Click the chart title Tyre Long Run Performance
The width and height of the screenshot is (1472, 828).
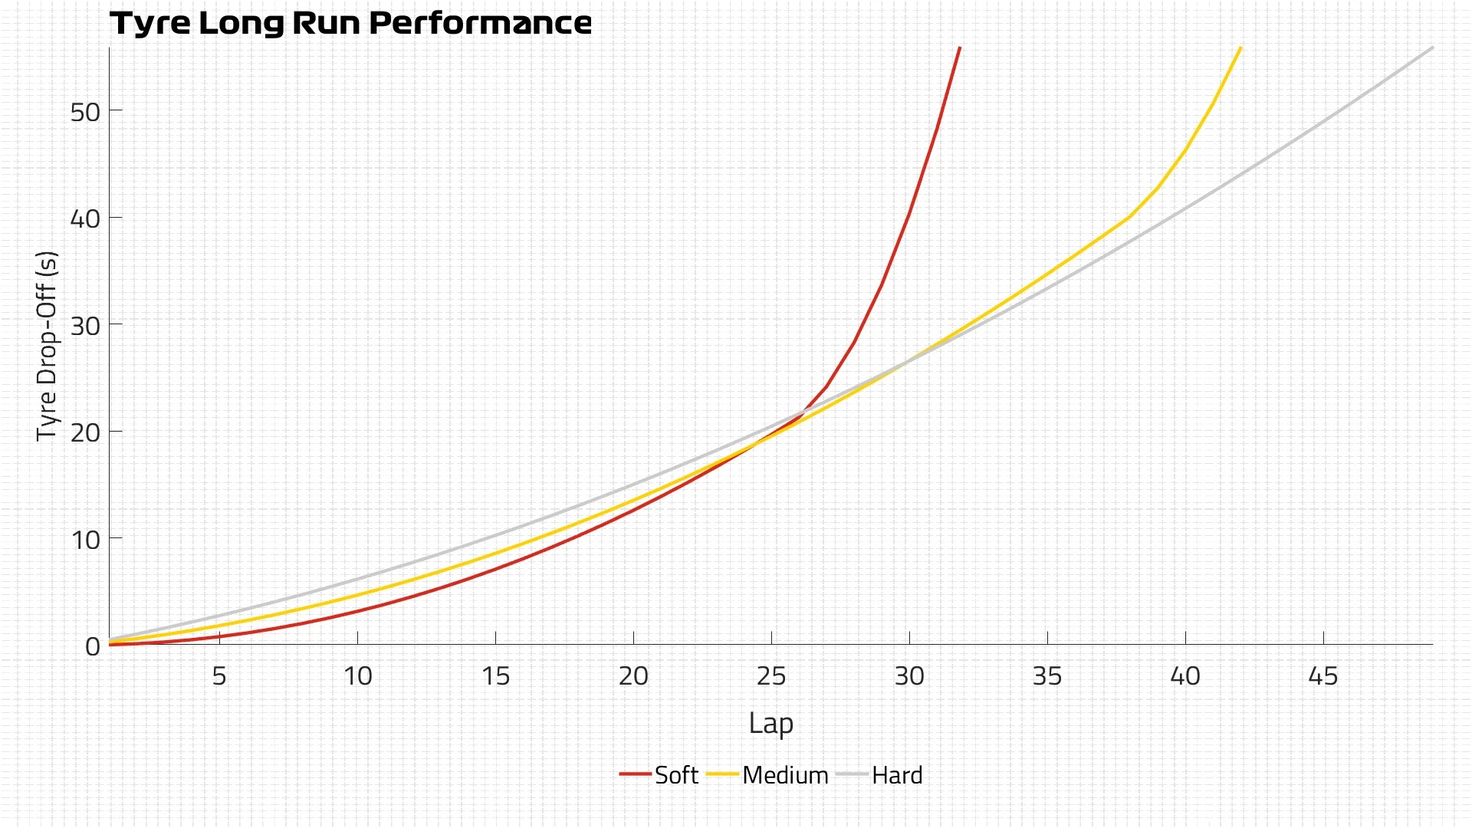[350, 23]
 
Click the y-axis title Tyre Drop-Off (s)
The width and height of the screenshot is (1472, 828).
[47, 346]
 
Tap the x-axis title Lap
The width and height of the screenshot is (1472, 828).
[770, 723]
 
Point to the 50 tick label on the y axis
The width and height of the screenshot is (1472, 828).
[85, 113]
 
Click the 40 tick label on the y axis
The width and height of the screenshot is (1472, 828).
[85, 219]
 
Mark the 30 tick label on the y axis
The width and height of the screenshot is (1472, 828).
[85, 326]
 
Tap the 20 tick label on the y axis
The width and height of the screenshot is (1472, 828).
[85, 433]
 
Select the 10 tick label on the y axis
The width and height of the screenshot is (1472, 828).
[85, 540]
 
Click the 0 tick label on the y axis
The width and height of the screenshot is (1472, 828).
[93, 646]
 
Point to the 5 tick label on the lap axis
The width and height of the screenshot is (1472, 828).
[219, 676]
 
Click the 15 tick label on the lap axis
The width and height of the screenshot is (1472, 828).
[495, 676]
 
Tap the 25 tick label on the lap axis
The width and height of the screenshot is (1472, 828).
[771, 676]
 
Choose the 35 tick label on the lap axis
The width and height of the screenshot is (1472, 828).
[1047, 676]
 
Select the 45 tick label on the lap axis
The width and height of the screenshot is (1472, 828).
[1323, 676]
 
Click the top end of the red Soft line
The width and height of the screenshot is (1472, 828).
[959, 48]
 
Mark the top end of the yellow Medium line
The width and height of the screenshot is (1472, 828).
[1240, 48]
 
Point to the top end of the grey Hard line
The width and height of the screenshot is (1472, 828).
[1432, 48]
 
